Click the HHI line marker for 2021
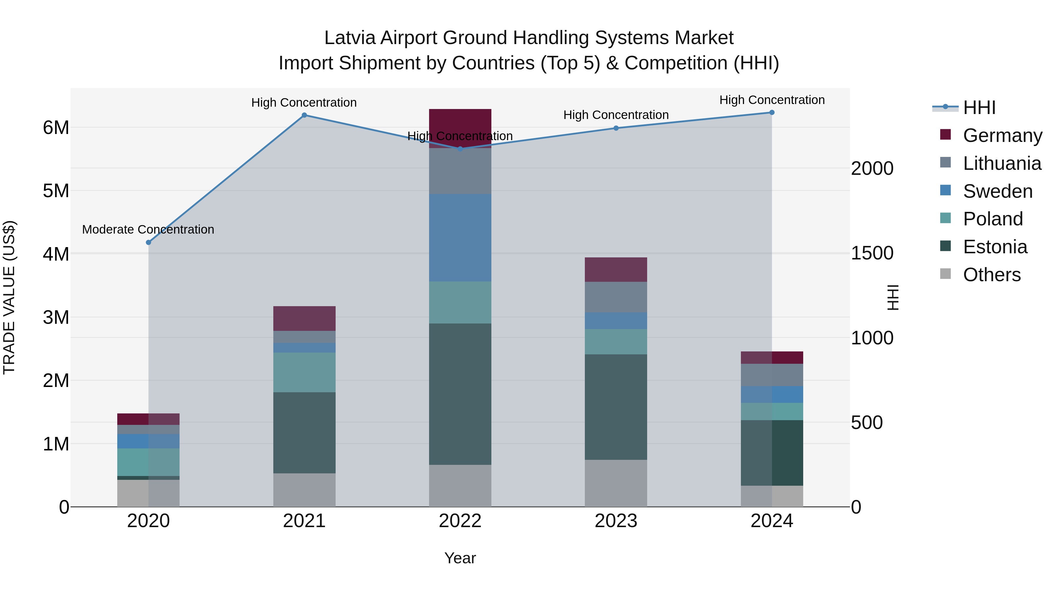304,115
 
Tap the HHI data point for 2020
149,243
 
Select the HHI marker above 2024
772,113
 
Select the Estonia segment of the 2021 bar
304,433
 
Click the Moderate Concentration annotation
148,229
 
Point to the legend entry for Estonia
995,247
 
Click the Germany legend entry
1002,135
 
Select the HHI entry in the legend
979,108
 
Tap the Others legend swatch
945,274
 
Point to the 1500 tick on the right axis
872,253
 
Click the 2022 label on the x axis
460,521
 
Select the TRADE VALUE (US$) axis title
9,297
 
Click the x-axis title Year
460,558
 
